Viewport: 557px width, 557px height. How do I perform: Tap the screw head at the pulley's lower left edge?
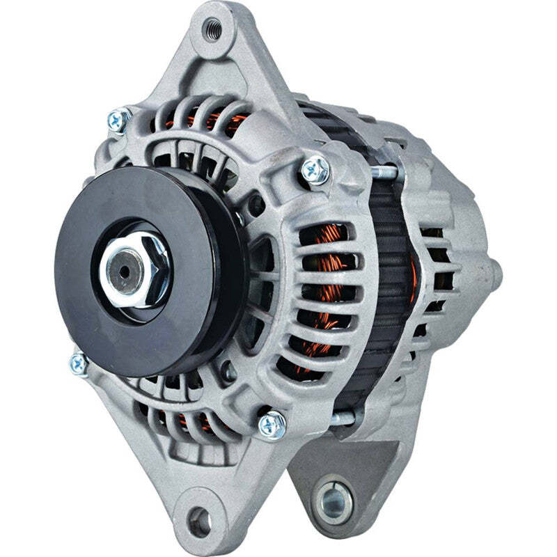click(79, 363)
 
